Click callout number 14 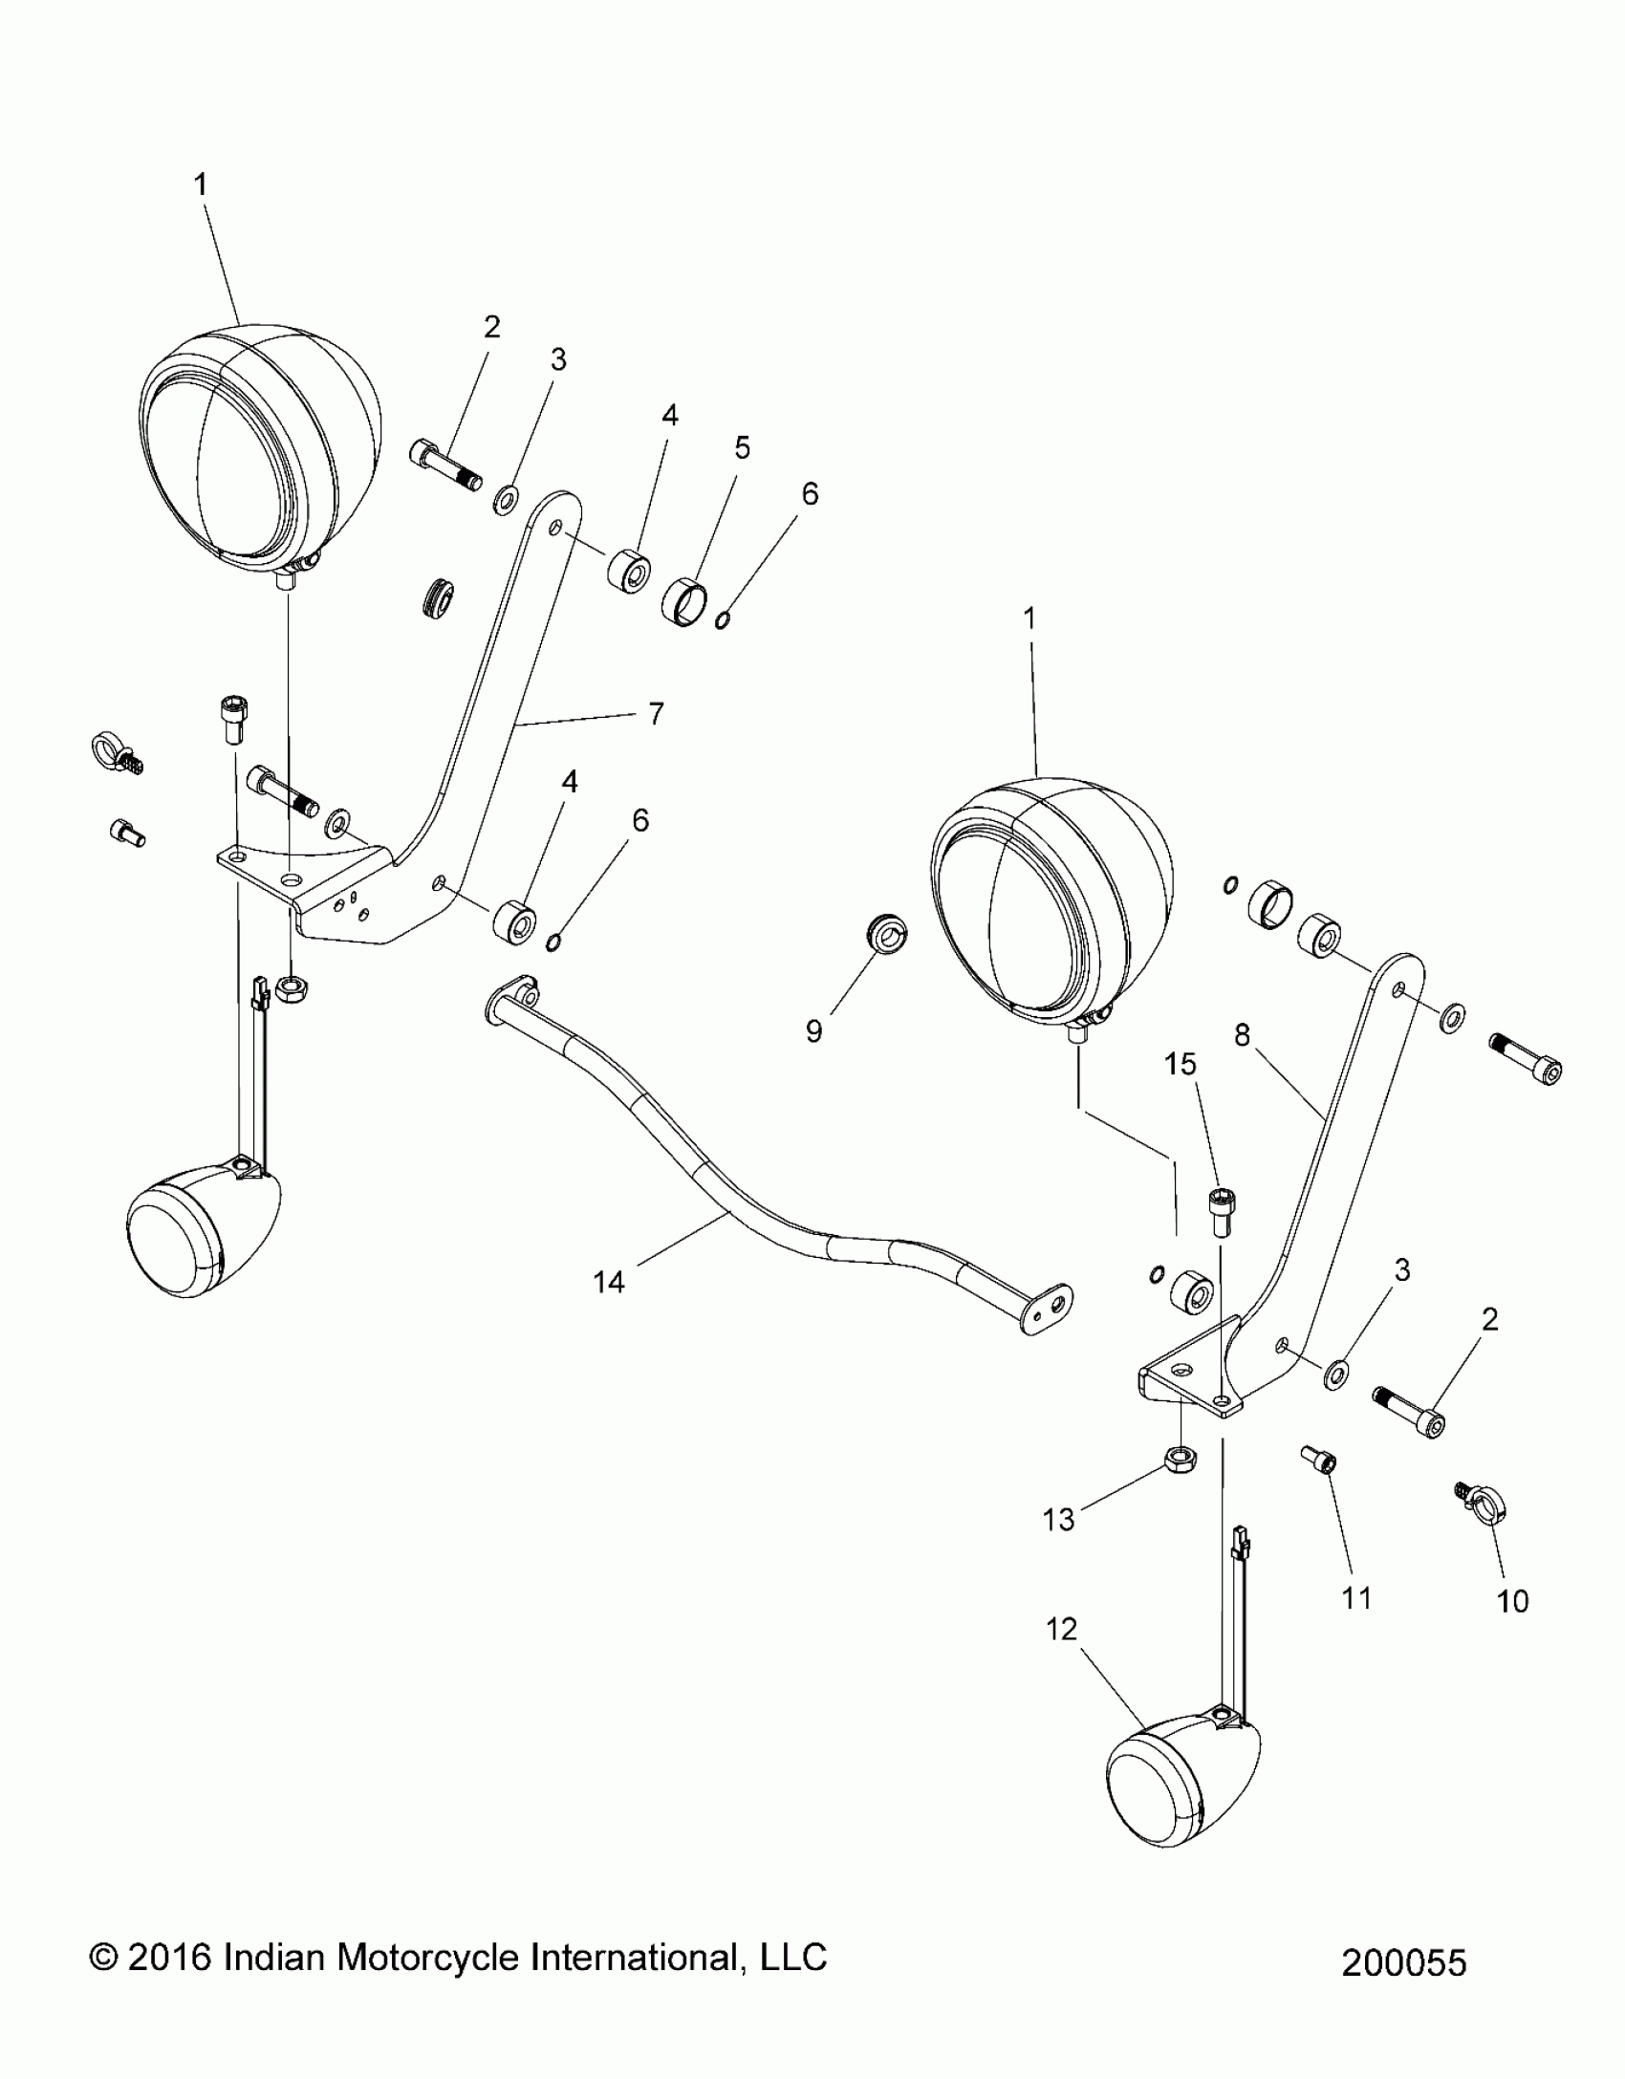[x=609, y=1282]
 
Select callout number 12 [x=1061, y=1629]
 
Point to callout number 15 [x=1181, y=1063]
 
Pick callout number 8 [x=1242, y=1035]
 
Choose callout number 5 [x=742, y=447]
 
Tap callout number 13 [x=1058, y=1519]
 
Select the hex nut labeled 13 [x=1180, y=1460]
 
